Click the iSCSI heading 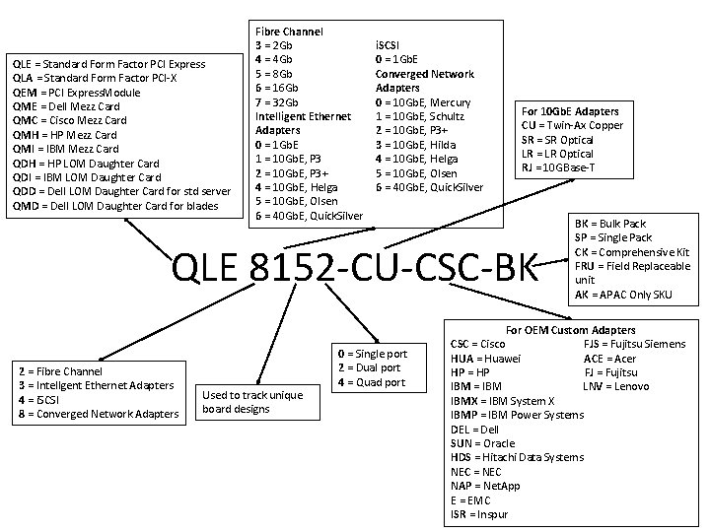pos(390,45)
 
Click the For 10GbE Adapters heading pos(570,111)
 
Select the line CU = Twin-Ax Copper pos(572,125)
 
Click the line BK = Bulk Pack pos(610,225)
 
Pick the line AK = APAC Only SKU pos(624,294)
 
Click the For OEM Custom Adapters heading pos(570,330)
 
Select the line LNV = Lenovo pos(616,386)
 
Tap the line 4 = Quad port pos(371,382)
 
